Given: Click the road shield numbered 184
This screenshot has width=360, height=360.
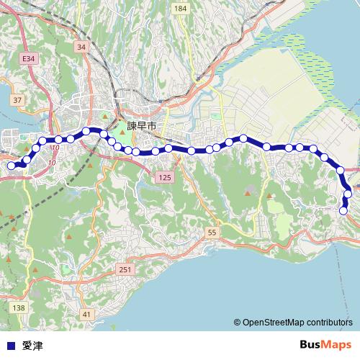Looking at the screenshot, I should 180,9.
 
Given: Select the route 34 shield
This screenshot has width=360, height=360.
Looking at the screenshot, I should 81,47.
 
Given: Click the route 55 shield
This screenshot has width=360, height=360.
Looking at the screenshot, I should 211,233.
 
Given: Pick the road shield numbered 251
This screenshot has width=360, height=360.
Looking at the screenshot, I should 125,269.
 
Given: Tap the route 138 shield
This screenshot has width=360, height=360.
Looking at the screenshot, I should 19,307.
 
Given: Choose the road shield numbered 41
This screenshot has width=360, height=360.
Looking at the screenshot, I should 86,315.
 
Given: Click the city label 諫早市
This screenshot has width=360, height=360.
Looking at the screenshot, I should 142,125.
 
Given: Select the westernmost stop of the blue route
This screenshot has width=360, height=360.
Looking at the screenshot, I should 11,166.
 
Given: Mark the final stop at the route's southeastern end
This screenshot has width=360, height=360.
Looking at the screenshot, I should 343,211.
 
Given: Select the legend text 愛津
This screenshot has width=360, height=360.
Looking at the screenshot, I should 32,346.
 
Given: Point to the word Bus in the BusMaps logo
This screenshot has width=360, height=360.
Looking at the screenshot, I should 312,345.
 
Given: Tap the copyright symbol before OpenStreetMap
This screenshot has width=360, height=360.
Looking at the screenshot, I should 237,323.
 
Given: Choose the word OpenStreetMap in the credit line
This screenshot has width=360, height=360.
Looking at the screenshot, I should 273,323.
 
